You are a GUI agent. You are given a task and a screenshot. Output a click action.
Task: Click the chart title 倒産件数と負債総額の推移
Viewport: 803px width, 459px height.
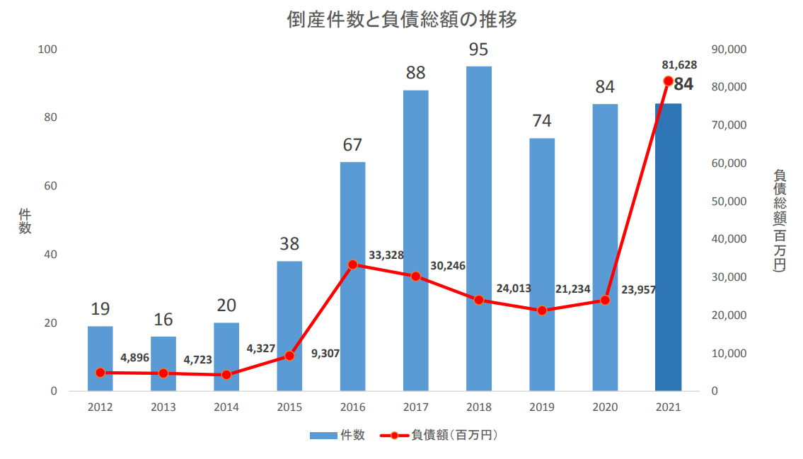tap(402, 20)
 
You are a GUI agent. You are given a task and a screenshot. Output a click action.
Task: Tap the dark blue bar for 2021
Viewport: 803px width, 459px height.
tap(668, 248)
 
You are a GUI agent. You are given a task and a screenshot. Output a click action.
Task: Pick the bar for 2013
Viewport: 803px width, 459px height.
tap(163, 364)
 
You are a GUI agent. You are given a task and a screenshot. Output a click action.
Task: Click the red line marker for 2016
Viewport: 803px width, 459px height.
tap(352, 265)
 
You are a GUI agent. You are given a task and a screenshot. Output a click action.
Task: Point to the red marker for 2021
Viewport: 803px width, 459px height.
tap(668, 81)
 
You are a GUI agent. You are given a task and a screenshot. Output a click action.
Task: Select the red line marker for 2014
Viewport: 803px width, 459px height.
tap(226, 375)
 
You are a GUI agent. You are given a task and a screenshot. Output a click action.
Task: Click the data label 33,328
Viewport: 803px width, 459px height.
tap(386, 255)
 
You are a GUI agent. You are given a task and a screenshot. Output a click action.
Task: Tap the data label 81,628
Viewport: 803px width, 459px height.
tap(679, 64)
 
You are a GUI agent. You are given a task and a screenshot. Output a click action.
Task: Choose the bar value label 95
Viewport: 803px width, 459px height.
tap(479, 50)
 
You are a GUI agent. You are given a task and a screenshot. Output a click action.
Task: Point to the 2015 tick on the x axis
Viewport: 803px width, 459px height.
tap(289, 407)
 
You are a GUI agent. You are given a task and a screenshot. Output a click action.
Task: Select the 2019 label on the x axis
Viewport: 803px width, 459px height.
tap(542, 407)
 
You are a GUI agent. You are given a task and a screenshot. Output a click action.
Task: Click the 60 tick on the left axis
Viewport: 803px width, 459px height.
tap(50, 186)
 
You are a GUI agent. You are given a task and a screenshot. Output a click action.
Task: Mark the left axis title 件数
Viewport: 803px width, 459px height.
tap(25, 221)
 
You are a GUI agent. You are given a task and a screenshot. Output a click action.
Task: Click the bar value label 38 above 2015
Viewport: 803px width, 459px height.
tap(289, 244)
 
